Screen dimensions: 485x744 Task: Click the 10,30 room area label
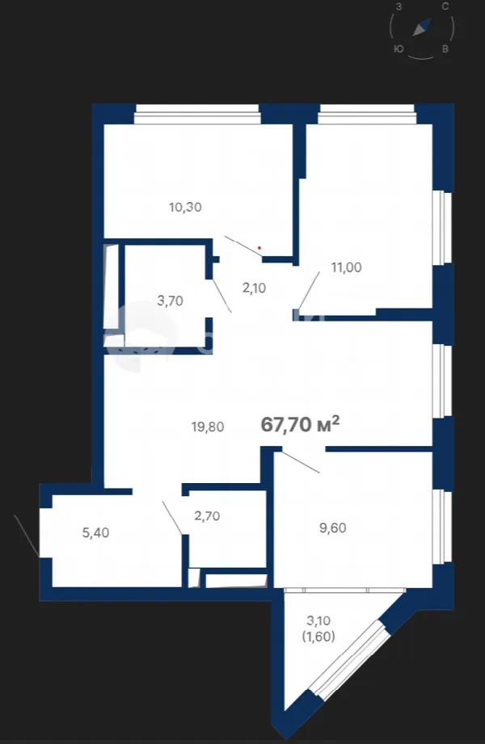pos(185,207)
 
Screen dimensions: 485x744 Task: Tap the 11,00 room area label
pos(346,267)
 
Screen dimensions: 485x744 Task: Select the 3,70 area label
pos(170,301)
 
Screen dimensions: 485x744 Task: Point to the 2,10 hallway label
pos(254,288)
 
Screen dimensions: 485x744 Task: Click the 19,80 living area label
pos(208,427)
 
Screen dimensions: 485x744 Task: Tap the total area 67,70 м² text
pos(300,424)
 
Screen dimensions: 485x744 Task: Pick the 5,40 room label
pos(95,533)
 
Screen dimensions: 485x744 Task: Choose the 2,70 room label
pos(207,515)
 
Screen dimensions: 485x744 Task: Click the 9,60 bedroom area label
pos(332,528)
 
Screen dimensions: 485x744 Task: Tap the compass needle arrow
pos(422,27)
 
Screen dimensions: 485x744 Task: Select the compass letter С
pos(445,6)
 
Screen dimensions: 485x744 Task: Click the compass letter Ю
pos(399,48)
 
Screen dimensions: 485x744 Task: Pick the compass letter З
pos(399,6)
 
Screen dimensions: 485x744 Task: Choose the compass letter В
pos(445,48)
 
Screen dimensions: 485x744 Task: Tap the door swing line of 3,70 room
pos(221,296)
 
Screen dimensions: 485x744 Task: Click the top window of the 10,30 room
pos(197,115)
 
